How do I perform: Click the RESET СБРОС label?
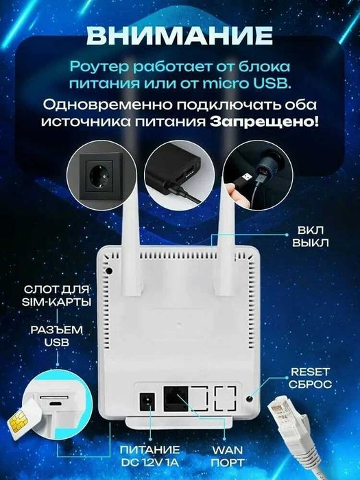(x=311, y=378)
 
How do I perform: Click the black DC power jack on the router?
(x=147, y=400)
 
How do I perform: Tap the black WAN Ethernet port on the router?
(x=175, y=398)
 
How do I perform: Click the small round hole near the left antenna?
(x=110, y=270)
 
